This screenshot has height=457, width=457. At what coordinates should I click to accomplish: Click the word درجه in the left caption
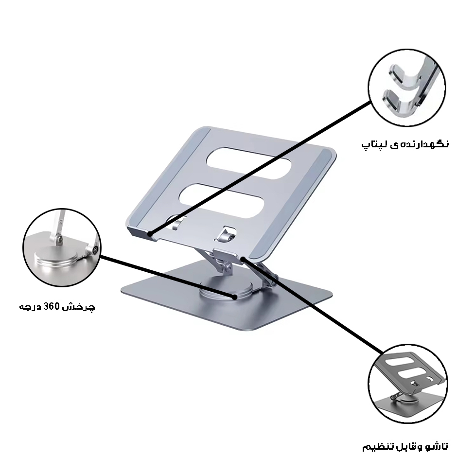tap(31, 307)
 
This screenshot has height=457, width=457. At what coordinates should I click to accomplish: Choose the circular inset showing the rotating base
tap(61, 248)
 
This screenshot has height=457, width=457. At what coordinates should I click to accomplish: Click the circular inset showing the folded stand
tap(406, 387)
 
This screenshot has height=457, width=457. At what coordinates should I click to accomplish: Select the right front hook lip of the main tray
tap(228, 254)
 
